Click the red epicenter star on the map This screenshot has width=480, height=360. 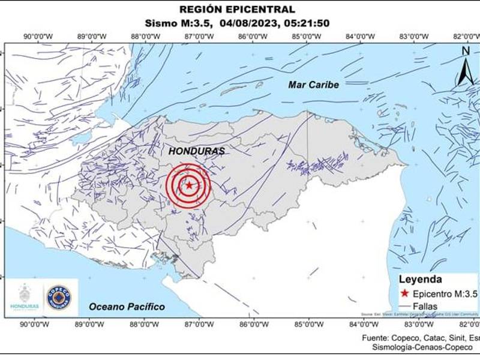(x=190, y=185)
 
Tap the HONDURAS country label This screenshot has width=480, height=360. (x=196, y=151)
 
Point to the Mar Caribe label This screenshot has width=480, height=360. (x=313, y=85)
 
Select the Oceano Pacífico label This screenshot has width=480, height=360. (x=127, y=307)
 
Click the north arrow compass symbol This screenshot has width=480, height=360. (x=466, y=67)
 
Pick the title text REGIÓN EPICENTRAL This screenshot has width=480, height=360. (x=238, y=9)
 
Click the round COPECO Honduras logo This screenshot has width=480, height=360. (x=58, y=298)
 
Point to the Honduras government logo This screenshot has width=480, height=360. (x=25, y=298)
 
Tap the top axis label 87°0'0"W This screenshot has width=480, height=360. (x=199, y=37)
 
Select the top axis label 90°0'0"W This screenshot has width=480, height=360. (x=37, y=37)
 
